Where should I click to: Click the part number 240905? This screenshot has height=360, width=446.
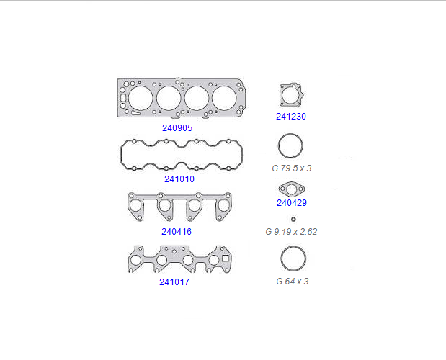point(177,128)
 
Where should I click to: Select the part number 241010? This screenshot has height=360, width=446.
point(179,179)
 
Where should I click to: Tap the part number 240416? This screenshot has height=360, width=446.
point(177,232)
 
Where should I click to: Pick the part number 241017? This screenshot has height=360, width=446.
point(174,282)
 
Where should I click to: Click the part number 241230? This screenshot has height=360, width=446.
point(291,117)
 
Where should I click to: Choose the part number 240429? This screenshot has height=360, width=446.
point(292,203)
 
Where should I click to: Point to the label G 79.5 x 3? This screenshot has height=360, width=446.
point(292,168)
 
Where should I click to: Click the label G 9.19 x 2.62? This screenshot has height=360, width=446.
point(291,232)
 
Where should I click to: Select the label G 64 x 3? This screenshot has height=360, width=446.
point(292,282)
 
